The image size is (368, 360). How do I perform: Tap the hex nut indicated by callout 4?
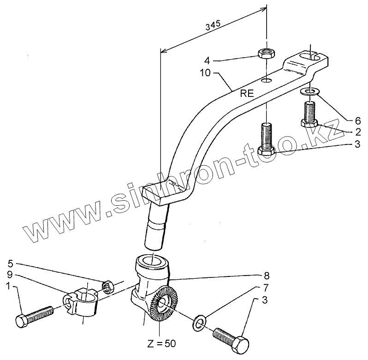point(266,53)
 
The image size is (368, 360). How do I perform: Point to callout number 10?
point(205,72)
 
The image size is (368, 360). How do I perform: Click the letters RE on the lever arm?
point(248,93)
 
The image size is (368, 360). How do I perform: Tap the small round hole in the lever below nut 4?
point(266,81)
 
